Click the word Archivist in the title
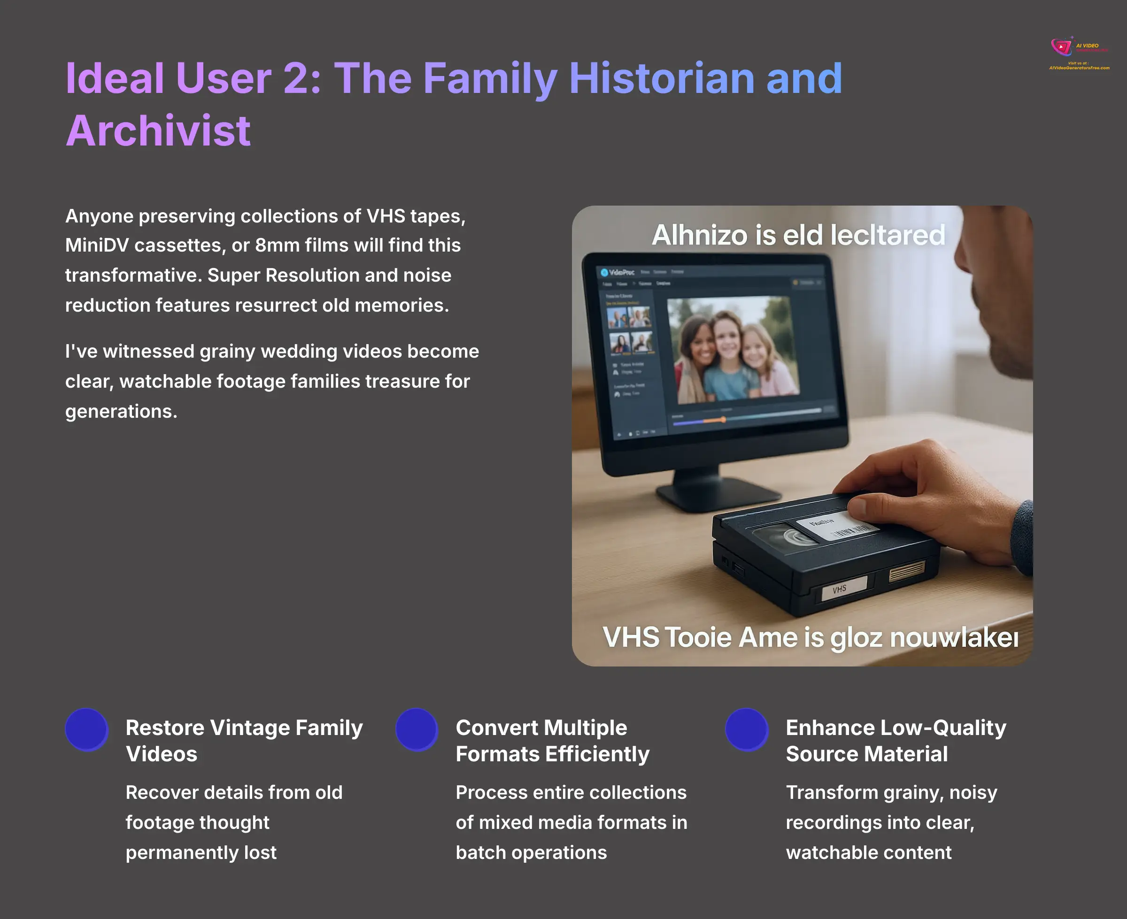pos(158,131)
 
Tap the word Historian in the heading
pos(662,78)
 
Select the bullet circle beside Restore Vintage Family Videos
pos(86,729)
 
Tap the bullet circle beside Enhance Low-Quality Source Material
pos(747,729)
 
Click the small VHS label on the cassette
pos(840,589)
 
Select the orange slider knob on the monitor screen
pos(723,419)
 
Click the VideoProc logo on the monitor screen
pos(618,272)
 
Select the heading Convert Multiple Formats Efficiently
pos(552,741)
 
